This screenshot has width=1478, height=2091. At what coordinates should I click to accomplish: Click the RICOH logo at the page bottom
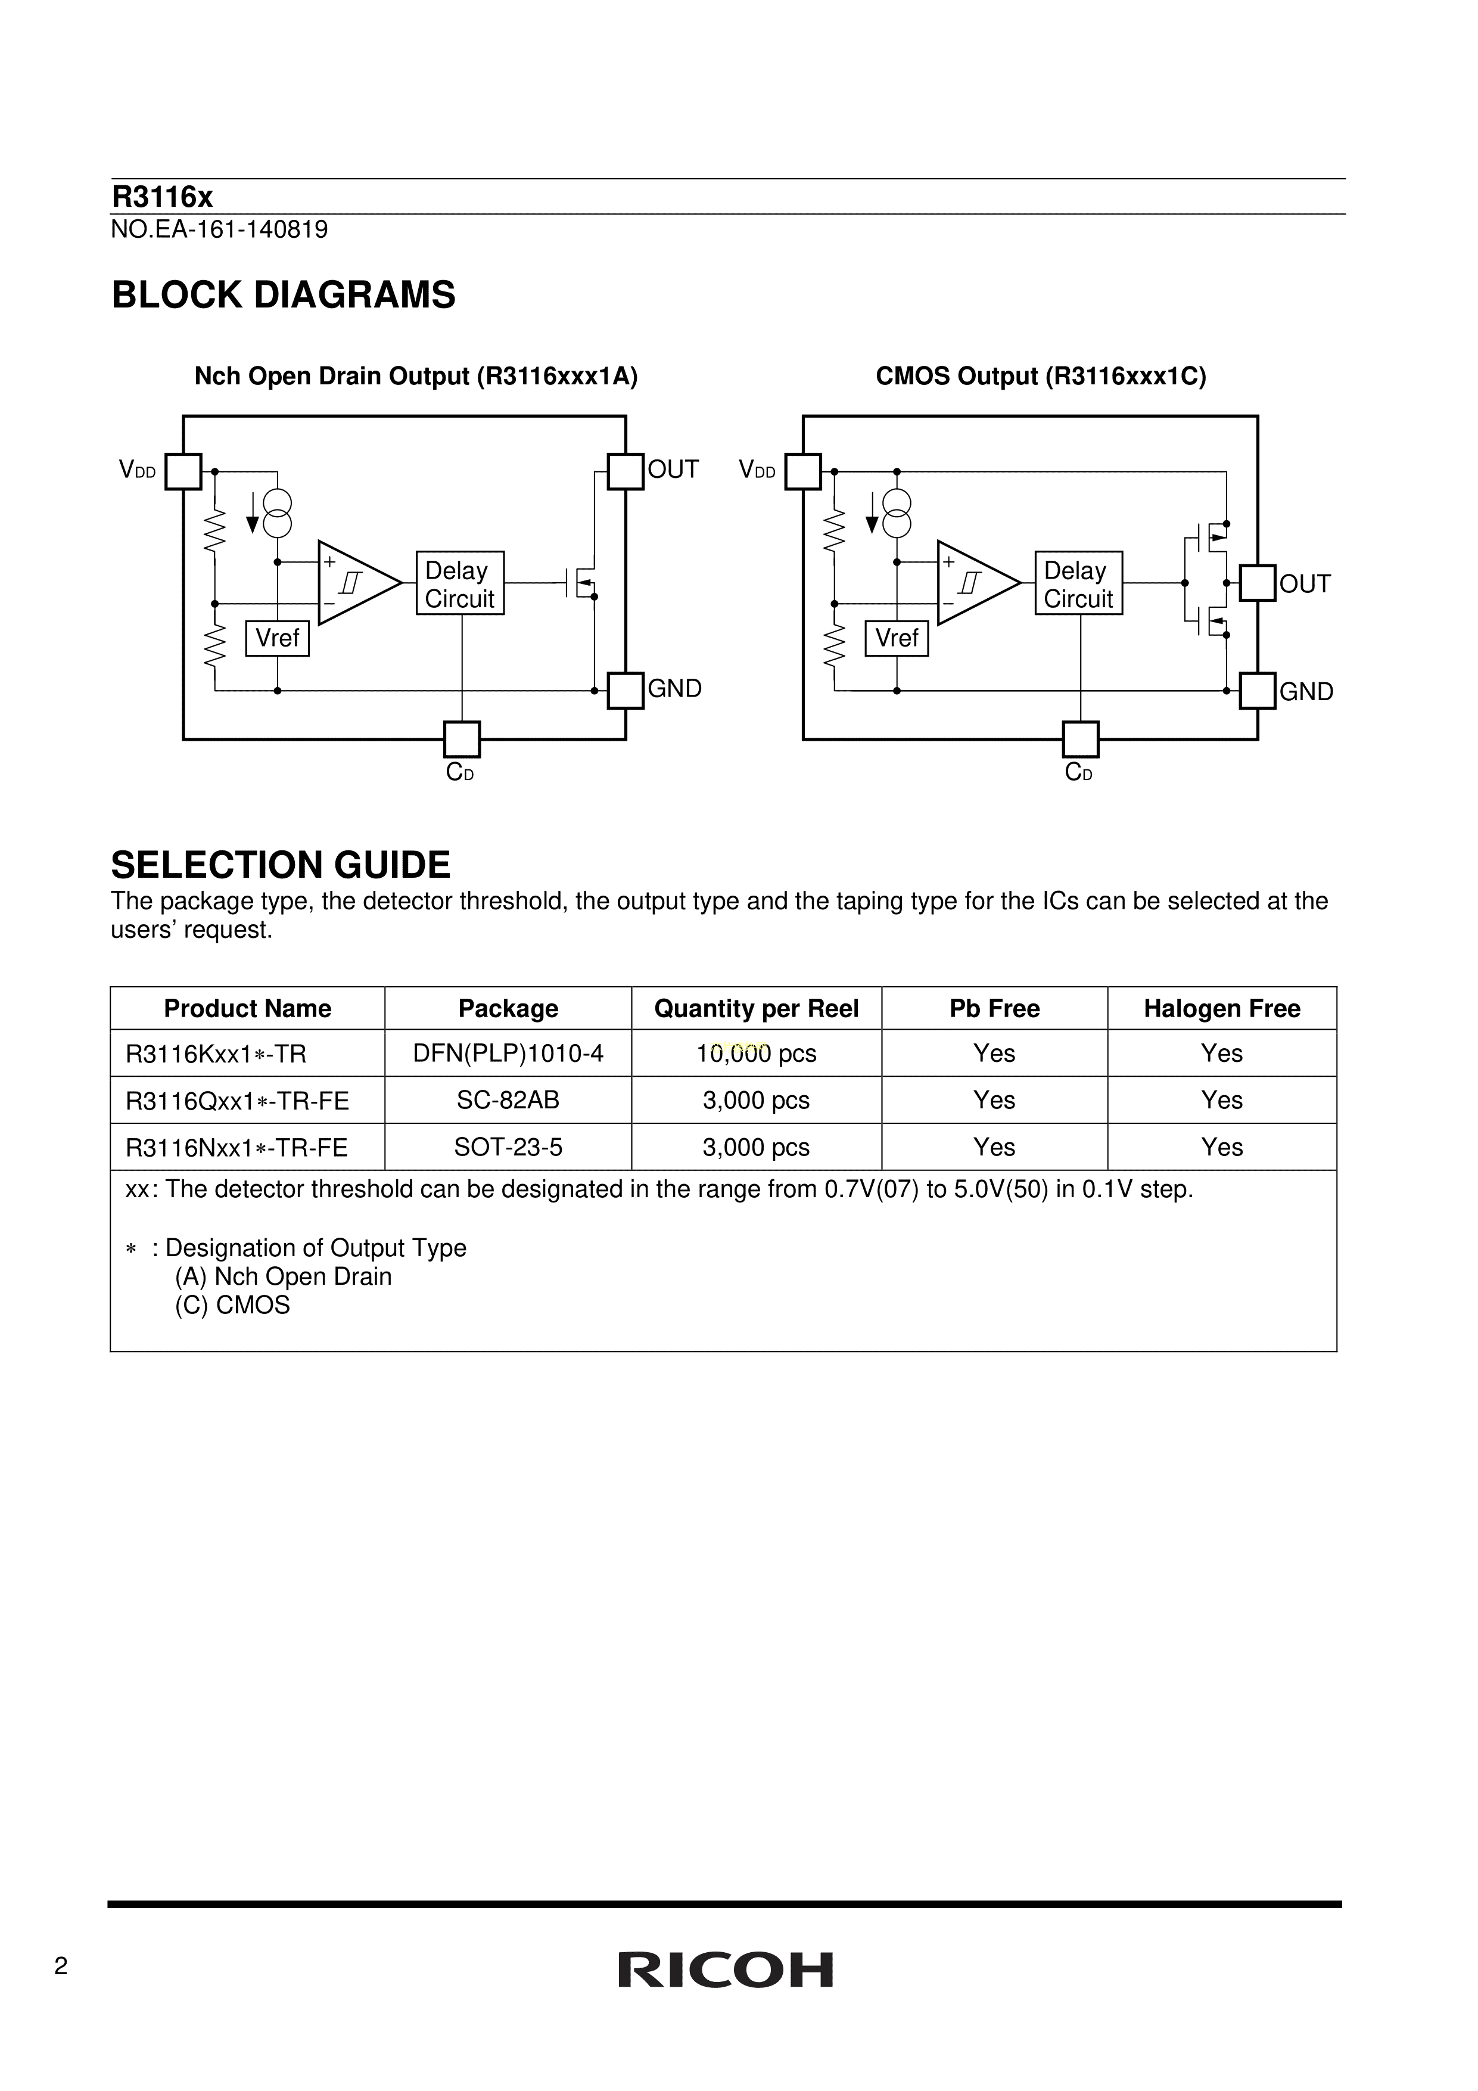pos(725,1970)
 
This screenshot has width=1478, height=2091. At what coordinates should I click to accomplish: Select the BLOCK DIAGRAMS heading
pos(283,295)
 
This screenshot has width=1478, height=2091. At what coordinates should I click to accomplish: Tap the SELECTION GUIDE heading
pos(281,864)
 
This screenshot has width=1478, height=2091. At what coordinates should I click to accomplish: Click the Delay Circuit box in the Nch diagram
pos(460,583)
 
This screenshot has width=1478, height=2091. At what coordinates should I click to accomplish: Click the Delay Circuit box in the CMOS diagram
pos(1078,583)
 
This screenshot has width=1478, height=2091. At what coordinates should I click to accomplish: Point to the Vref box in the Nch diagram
pos(278,638)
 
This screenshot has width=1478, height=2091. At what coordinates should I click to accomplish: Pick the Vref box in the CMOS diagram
pos(897,638)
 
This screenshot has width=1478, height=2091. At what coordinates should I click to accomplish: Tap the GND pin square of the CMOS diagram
pos(1257,690)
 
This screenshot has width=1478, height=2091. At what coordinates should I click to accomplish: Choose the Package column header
pos(508,1008)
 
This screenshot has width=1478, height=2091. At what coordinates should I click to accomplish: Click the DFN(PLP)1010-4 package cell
pos(508,1054)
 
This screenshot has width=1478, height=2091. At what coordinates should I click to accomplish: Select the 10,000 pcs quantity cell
pos(756,1054)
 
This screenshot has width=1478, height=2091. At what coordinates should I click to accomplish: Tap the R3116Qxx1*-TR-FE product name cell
pos(238,1101)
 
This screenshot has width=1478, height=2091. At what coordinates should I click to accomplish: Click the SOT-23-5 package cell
pos(508,1148)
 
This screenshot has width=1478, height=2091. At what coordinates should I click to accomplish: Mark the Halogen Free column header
pos(1221,1008)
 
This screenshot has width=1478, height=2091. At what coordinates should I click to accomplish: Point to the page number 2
pos(61,1967)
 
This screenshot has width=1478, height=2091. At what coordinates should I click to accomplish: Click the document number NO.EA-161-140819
pos(219,229)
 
